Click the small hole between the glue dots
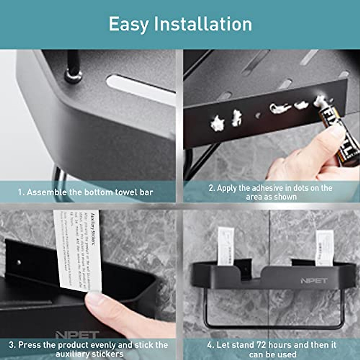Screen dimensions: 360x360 257,115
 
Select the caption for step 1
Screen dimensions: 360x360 85,192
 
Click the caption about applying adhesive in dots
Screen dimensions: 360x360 271,192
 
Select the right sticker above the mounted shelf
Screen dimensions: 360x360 324,248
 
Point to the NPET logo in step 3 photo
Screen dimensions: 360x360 77,334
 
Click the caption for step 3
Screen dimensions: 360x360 88,349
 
